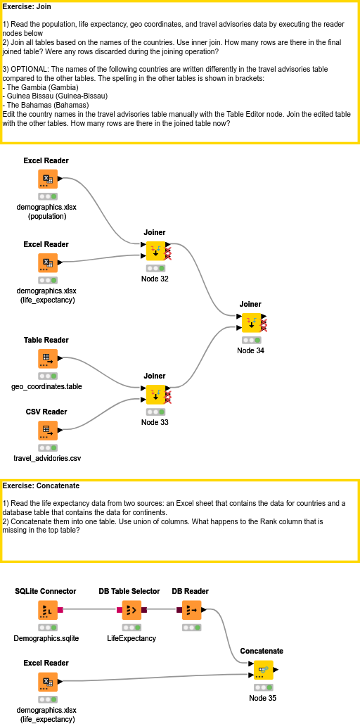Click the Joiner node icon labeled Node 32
pos(155,251)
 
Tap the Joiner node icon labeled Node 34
pos(251,323)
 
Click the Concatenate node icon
pos(263,670)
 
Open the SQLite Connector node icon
pos(47,610)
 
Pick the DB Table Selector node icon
pos(131,610)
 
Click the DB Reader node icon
pos(191,610)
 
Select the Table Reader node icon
pos(47,359)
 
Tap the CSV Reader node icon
pos(47,431)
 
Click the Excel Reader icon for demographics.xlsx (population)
pos(47,179)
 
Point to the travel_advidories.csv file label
pos(47,459)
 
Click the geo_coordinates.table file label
pos(47,387)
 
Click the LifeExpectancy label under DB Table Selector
pos(131,638)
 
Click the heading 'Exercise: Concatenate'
pos(41,485)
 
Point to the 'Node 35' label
pos(263,698)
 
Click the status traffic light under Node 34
pos(251,340)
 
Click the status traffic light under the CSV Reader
pos(47,447)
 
